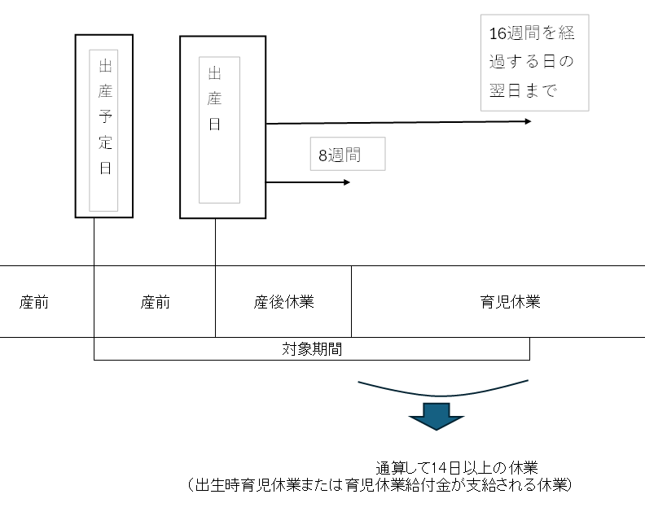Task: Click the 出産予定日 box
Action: coord(104,126)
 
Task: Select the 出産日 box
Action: coord(222,127)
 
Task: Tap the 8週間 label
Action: coord(347,155)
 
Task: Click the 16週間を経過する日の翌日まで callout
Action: coord(533,63)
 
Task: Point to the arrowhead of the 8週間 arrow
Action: coord(346,182)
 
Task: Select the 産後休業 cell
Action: coord(283,302)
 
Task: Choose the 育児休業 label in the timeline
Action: coord(510,302)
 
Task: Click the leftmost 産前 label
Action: coord(34,302)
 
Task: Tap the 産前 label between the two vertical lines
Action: coord(155,302)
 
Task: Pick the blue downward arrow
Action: coord(436,416)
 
